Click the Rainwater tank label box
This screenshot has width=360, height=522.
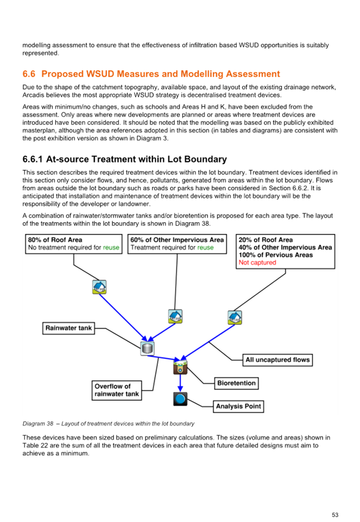click(x=69, y=328)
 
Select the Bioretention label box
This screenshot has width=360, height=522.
click(x=236, y=383)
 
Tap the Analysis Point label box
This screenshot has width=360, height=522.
click(x=239, y=406)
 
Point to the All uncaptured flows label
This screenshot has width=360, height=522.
click(x=278, y=360)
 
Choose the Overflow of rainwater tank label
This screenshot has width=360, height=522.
click(x=117, y=390)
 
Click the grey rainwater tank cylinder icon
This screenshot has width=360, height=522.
click(x=147, y=348)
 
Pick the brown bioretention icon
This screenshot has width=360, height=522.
click(x=180, y=367)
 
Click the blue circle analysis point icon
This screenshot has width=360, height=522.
click(x=180, y=399)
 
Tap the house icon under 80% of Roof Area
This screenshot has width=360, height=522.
click(x=99, y=287)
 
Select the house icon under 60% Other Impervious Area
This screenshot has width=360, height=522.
click(x=175, y=317)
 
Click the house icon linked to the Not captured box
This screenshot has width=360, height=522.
click(x=235, y=318)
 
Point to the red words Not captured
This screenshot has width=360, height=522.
click(x=258, y=263)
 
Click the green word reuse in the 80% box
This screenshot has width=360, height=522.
click(x=111, y=248)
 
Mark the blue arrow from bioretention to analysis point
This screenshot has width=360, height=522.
click(x=180, y=383)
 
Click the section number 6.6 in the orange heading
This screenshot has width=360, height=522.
click(x=29, y=74)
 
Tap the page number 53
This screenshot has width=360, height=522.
click(x=335, y=515)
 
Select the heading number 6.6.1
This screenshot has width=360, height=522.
click(x=32, y=159)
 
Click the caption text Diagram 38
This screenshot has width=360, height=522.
click(x=38, y=423)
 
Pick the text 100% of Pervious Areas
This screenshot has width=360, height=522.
click(x=276, y=255)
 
